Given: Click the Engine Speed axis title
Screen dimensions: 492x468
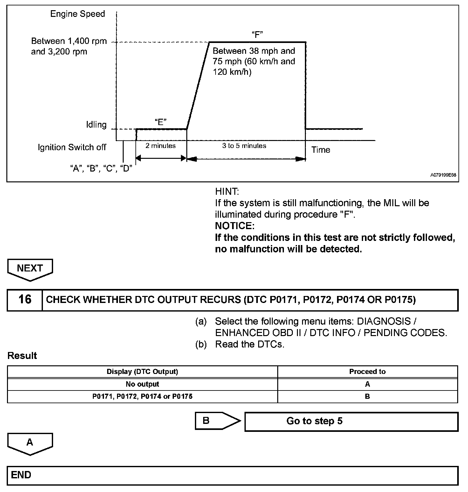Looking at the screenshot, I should pyautogui.click(x=78, y=14).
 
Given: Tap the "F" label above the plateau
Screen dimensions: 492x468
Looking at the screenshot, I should pyautogui.click(x=257, y=35).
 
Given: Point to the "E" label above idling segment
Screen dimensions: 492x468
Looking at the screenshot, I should pyautogui.click(x=161, y=122).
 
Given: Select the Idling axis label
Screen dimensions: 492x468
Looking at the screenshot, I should pyautogui.click(x=96, y=124).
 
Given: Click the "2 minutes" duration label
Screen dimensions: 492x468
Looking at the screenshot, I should pyautogui.click(x=161, y=146).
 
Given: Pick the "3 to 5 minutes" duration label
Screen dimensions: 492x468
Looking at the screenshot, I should pyautogui.click(x=244, y=146).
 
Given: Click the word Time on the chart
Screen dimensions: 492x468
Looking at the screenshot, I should pyautogui.click(x=321, y=150).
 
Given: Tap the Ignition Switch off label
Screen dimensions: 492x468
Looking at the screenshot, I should pyautogui.click(x=72, y=147).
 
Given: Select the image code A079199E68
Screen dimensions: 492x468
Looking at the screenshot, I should pyautogui.click(x=444, y=175).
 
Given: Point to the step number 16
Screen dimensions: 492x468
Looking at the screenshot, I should pyautogui.click(x=25, y=299).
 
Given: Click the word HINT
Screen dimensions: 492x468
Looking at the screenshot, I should pyautogui.click(x=227, y=192).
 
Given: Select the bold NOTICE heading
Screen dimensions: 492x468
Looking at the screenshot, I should pyautogui.click(x=235, y=226).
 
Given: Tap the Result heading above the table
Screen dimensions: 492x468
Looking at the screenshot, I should pyautogui.click(x=22, y=355).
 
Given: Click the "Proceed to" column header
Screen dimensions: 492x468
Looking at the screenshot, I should pyautogui.click(x=367, y=372).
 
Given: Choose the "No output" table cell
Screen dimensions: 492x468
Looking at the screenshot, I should pyautogui.click(x=142, y=384).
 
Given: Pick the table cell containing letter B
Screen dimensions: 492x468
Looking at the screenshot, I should pyautogui.click(x=367, y=397).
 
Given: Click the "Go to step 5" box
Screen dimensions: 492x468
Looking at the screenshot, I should pyautogui.click(x=351, y=421).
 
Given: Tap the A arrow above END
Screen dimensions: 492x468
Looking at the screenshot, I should pyautogui.click(x=30, y=443).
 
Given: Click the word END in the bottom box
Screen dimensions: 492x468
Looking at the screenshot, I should pyautogui.click(x=21, y=475).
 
